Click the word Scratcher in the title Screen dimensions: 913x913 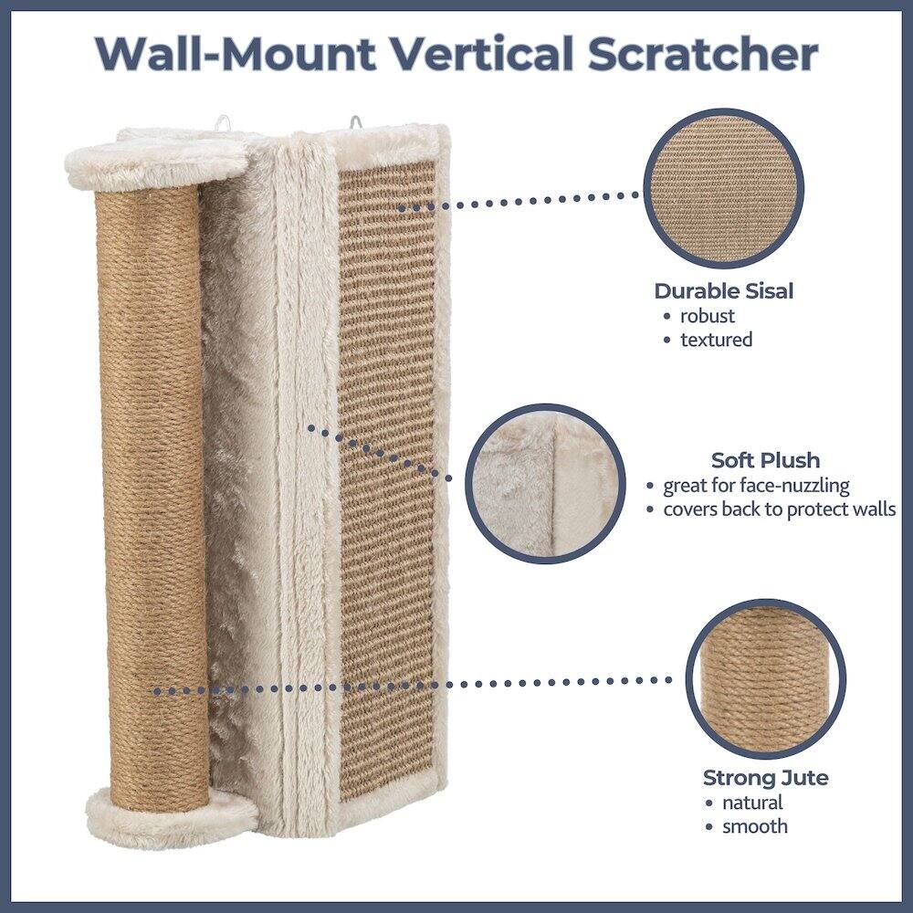702,55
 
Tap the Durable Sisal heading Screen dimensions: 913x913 723,291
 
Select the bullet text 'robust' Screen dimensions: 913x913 707,317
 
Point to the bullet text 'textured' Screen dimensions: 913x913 716,340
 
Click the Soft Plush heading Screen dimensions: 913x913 765,459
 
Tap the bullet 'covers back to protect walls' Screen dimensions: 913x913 779,509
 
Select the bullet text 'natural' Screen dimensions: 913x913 752,803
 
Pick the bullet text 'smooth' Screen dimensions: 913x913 754,826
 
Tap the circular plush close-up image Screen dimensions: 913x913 546,484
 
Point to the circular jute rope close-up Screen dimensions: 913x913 765,678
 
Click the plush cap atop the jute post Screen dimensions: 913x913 155,164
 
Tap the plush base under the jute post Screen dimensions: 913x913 169,815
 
